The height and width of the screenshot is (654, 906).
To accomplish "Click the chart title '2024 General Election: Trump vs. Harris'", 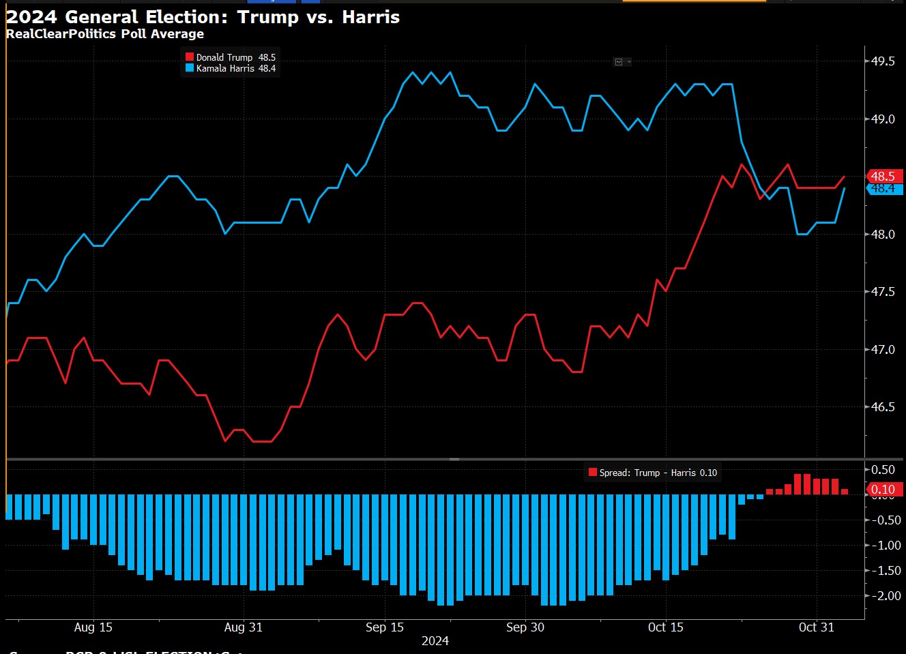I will click(203, 17).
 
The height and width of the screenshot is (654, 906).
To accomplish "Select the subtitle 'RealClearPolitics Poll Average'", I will click(105, 34).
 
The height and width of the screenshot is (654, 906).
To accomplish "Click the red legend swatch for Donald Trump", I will click(190, 57).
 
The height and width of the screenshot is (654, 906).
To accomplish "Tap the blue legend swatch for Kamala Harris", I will click(190, 68).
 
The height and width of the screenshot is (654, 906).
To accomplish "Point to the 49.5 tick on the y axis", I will click(883, 61).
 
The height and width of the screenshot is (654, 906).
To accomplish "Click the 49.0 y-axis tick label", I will click(883, 119).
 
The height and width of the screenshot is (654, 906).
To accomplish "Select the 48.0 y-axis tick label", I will click(883, 235).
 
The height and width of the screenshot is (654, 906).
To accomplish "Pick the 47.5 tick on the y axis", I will click(883, 292).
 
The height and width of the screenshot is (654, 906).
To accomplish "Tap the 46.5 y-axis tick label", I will click(883, 407).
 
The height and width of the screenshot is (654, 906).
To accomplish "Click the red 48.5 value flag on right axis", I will click(884, 176).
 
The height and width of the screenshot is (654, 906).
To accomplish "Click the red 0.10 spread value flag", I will click(884, 490).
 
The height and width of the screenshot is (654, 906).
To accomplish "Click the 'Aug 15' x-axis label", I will click(93, 627).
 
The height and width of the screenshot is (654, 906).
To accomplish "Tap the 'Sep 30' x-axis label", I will click(525, 627).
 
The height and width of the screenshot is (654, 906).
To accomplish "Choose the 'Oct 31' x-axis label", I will click(816, 627).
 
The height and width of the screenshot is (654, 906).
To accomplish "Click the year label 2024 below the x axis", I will click(435, 641).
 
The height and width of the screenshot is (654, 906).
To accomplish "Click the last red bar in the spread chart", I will click(845, 491).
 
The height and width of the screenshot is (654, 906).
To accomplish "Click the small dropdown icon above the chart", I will click(622, 62).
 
